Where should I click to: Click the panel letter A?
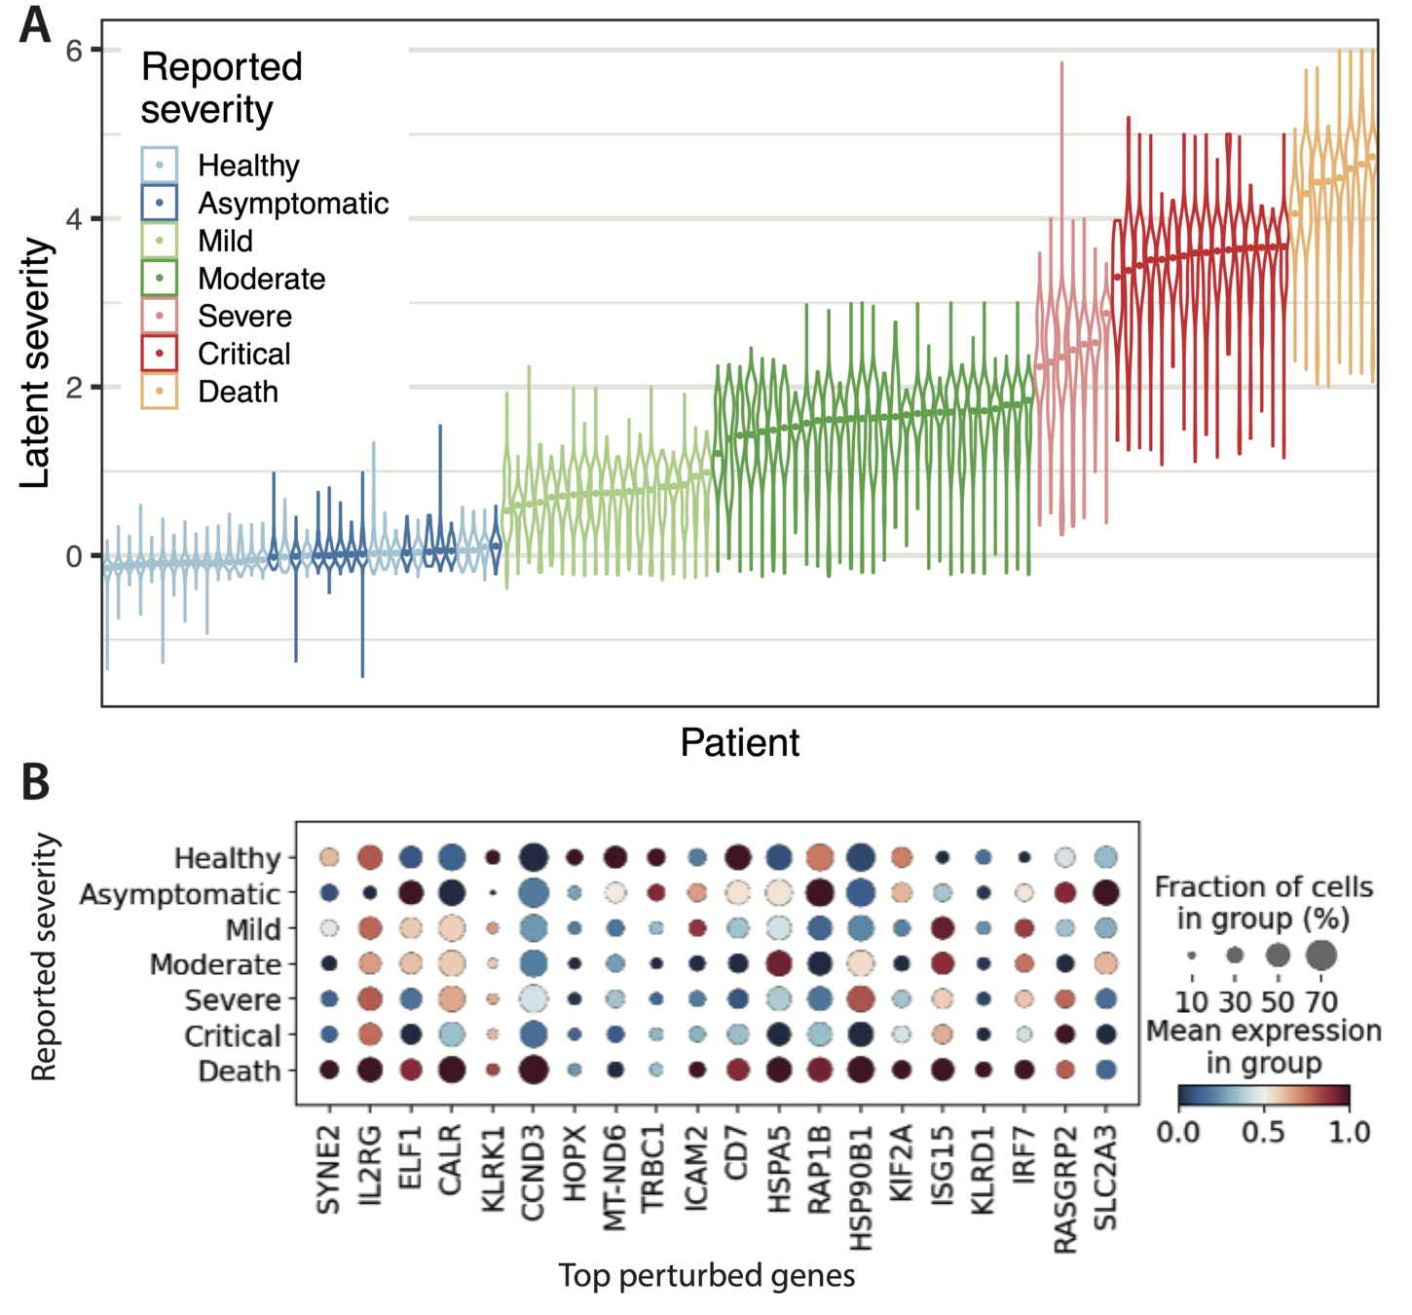point(35,24)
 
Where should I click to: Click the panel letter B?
point(36,781)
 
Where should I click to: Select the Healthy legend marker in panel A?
point(159,165)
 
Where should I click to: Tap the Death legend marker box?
point(159,392)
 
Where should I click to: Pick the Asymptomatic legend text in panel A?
point(293,204)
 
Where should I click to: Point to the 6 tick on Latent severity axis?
point(74,50)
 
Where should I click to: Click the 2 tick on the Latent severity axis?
point(74,387)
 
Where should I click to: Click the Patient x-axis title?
point(739,742)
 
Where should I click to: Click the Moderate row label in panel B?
point(215,964)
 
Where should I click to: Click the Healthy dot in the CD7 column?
point(738,858)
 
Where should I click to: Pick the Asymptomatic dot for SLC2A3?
point(1105,892)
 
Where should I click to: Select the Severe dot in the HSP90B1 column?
point(861,998)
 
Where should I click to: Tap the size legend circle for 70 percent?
point(1321,956)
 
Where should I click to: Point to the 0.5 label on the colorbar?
point(1263,1133)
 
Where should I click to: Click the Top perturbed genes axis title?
point(706,1275)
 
